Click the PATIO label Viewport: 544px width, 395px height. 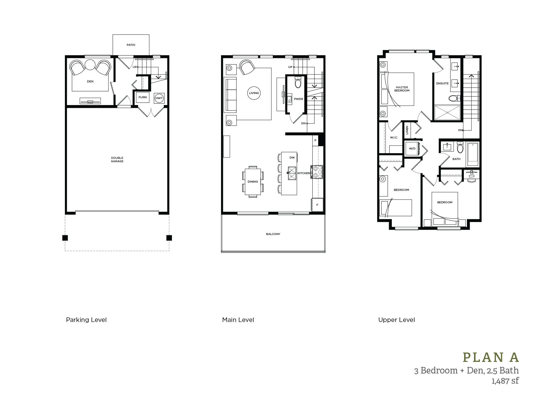pos(131,45)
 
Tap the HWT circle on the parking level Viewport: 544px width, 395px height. pos(159,98)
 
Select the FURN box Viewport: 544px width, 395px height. pos(143,97)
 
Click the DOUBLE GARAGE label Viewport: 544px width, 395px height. pos(117,159)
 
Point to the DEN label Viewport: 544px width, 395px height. pos(90,82)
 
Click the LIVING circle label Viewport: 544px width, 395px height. pos(254,93)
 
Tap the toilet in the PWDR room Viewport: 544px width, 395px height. pos(298,82)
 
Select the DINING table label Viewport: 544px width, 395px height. pos(253,182)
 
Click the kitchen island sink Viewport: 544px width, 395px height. pos(292,173)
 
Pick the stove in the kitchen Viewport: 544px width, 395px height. pos(317,172)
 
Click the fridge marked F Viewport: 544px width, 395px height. pos(317,205)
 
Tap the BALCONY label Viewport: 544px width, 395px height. pos(273,234)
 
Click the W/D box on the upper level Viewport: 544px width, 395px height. pos(412,148)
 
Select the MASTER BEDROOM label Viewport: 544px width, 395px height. pos(402,89)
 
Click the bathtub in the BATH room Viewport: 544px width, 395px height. pos(473,154)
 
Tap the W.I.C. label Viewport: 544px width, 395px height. pos(394,137)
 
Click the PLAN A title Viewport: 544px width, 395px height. pos(491,357)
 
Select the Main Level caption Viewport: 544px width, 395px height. pos(238,320)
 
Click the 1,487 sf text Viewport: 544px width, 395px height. pos(505,381)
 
